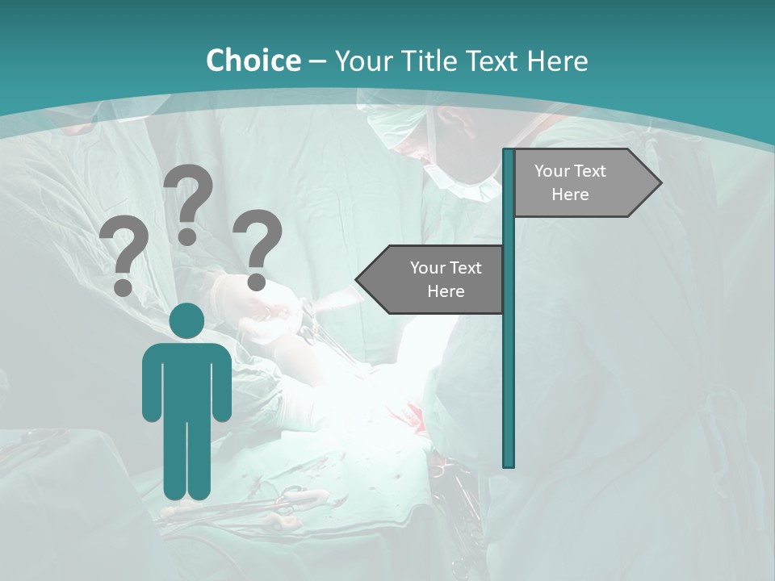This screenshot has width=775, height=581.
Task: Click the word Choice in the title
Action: click(253, 61)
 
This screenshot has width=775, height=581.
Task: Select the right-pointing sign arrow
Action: click(585, 183)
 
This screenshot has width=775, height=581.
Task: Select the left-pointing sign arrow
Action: click(432, 279)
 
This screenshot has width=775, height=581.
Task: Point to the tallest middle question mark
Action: click(189, 202)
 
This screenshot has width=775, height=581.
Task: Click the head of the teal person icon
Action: click(186, 321)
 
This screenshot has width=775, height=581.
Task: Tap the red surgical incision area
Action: click(412, 416)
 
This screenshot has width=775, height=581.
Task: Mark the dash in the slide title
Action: click(317, 61)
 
